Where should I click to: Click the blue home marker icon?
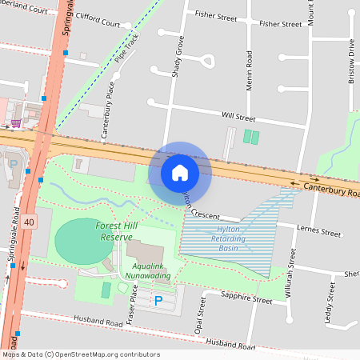180,173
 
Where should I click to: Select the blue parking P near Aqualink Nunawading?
158,301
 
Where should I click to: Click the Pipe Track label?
126,49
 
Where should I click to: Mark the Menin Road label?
249,71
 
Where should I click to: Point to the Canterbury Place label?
104,114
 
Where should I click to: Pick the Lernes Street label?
319,232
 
